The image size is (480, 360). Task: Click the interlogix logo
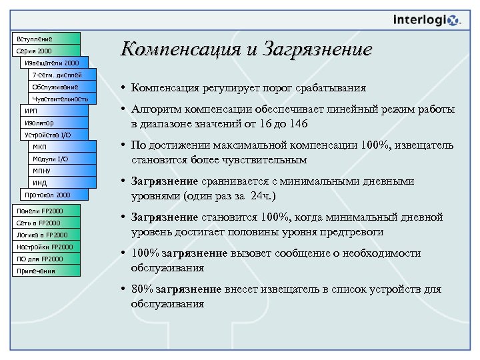(427, 21)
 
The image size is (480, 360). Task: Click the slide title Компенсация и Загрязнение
(245, 50)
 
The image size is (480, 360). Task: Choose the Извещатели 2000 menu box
(53, 63)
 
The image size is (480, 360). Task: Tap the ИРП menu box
(53, 111)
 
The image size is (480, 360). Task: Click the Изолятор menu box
(53, 123)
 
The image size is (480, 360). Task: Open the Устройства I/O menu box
(53, 135)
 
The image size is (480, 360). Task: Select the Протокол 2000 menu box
(53, 195)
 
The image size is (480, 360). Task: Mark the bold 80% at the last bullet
(143, 289)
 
